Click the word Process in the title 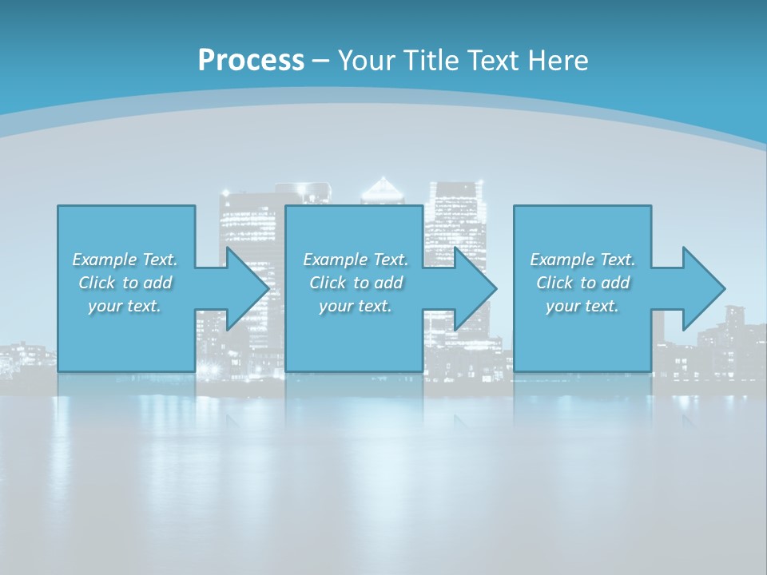point(251,60)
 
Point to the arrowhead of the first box point(248,288)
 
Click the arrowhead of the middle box point(475,288)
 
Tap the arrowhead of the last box point(704,288)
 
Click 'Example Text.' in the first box point(125,260)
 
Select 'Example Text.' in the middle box point(356,260)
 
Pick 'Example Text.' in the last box point(582,260)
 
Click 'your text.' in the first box point(125,306)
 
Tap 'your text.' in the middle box point(356,306)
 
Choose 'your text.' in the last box point(582,306)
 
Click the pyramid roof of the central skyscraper point(384,189)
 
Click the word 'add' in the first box point(157,283)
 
